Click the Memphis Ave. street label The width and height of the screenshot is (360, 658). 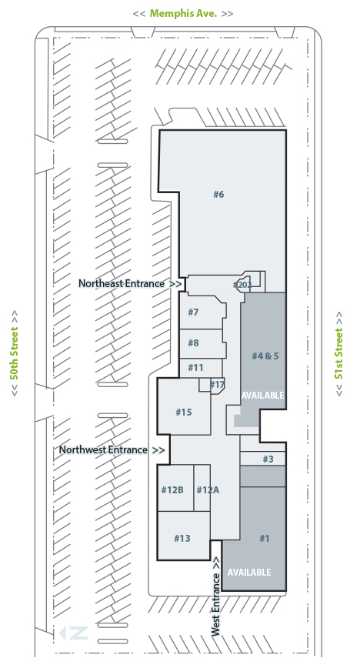coord(183,13)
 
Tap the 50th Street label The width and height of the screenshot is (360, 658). coord(15,353)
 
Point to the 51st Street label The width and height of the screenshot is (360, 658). coord(339,353)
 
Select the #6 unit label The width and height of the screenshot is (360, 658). coord(218,194)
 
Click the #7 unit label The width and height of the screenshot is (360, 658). coord(193,312)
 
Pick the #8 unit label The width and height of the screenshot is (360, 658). coord(193,342)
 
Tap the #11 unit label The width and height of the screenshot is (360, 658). coord(195,368)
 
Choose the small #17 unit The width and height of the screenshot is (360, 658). coord(218,384)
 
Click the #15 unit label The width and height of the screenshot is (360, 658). coord(184,412)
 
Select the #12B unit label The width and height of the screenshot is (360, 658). coord(172,489)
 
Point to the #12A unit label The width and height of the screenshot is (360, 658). coord(208,489)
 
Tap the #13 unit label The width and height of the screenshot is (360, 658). coord(182,538)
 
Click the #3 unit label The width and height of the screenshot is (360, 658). coord(268,459)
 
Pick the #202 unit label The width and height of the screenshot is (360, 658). coord(242,286)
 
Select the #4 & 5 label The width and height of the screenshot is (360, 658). coord(265,356)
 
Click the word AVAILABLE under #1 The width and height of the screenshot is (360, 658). coord(249,573)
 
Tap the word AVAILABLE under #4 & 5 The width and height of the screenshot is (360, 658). coord(262,396)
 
